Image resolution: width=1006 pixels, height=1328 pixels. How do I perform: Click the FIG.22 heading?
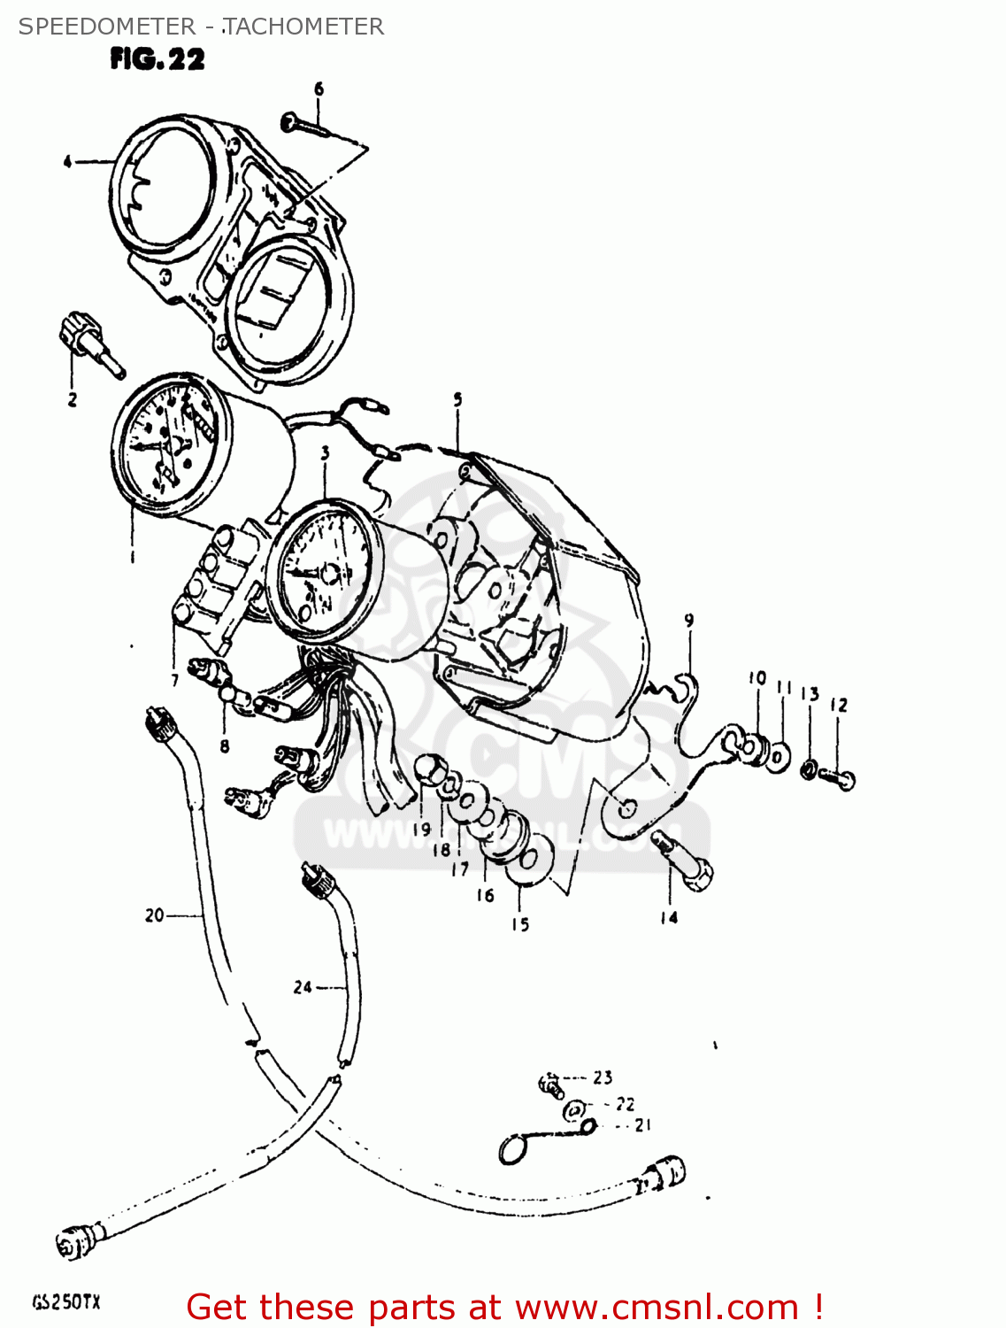(x=157, y=59)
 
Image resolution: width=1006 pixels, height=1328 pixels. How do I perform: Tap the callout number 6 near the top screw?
(x=319, y=89)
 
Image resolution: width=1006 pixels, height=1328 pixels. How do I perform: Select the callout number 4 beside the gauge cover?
(x=67, y=161)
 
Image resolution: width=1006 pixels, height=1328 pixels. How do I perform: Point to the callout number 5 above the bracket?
(x=457, y=400)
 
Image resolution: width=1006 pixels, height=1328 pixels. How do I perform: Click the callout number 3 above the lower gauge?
(x=325, y=453)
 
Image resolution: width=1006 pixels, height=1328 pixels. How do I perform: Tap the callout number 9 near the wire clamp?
(x=688, y=621)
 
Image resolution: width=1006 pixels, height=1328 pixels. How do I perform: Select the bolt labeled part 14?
(x=685, y=861)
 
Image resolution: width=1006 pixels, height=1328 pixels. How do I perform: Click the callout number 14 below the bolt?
(x=669, y=918)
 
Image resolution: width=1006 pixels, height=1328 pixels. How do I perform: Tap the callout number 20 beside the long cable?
(x=155, y=915)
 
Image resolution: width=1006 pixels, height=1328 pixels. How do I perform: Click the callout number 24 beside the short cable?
(x=303, y=986)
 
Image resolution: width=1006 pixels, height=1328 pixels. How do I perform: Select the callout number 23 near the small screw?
(x=603, y=1077)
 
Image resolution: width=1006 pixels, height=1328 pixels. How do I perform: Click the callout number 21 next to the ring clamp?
(x=642, y=1125)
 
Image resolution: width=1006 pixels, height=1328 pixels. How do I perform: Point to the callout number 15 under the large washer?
(x=520, y=924)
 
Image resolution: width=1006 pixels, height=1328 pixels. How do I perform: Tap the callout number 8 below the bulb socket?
(x=225, y=746)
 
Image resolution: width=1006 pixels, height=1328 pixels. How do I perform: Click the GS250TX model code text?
(x=66, y=1302)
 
